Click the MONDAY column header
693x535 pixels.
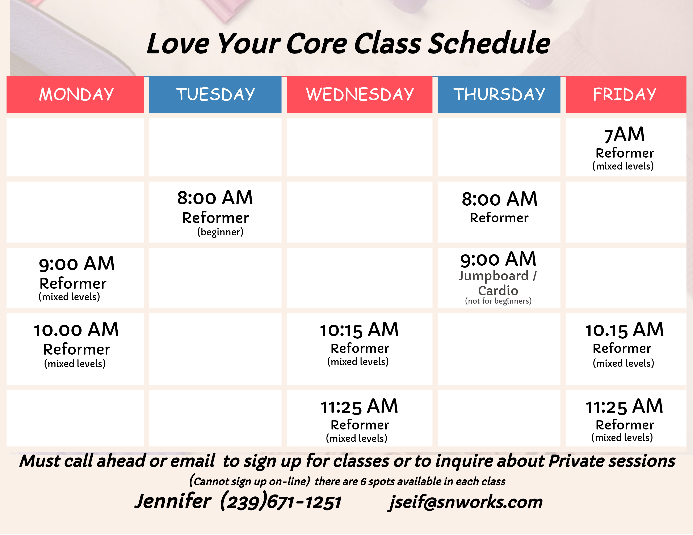point(76,94)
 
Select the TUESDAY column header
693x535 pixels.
point(215,94)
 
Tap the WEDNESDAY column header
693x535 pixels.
point(360,94)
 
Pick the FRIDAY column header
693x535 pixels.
point(625,94)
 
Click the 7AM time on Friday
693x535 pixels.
point(625,134)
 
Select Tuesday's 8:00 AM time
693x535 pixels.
point(215,198)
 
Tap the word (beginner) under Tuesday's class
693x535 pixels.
point(220,232)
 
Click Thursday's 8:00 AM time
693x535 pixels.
point(499,199)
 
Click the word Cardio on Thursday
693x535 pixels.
point(498,290)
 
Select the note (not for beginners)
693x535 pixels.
point(498,301)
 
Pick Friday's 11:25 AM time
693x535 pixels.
point(625,406)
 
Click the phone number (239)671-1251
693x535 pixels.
point(281,501)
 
